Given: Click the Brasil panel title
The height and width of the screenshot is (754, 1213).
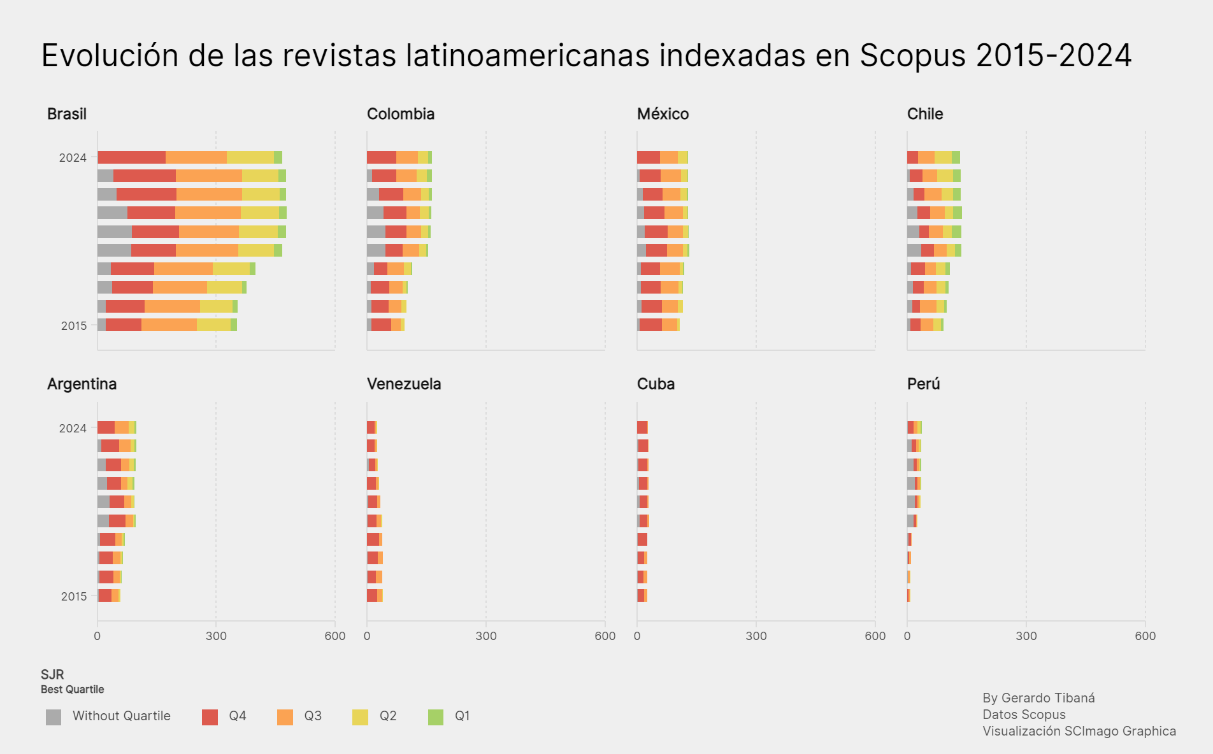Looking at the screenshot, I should (67, 114).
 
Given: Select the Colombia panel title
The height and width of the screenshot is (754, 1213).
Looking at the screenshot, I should (401, 114).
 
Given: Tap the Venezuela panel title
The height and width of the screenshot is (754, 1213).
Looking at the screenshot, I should (404, 384).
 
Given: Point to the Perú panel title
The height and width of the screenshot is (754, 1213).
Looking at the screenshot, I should (923, 384).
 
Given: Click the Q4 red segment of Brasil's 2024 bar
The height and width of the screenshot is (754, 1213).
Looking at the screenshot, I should (132, 157).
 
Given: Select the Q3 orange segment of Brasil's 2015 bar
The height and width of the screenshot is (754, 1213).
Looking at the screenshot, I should (169, 325).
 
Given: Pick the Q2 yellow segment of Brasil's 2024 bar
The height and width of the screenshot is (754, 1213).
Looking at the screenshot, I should (250, 157).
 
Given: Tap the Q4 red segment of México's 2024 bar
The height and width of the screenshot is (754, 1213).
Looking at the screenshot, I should (648, 157).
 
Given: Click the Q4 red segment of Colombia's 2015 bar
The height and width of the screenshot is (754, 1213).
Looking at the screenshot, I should (381, 325).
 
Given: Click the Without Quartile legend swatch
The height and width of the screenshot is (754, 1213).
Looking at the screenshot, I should (54, 717).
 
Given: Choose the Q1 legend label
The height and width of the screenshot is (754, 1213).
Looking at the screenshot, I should (462, 716).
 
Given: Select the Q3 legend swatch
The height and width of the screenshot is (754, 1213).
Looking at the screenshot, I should (285, 717).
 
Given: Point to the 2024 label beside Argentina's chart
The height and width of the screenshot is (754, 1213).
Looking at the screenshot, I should (73, 429).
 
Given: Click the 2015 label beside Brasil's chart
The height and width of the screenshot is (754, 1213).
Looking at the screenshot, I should (74, 326).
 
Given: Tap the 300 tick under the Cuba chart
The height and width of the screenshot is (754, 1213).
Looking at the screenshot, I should (756, 636).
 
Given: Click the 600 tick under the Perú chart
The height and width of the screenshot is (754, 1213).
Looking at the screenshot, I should (1145, 636).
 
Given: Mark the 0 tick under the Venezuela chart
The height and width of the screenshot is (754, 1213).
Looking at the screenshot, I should (367, 636).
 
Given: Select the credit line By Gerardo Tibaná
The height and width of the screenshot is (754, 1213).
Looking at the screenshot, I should (1038, 698).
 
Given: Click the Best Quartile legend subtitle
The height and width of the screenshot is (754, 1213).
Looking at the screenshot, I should (72, 690).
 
